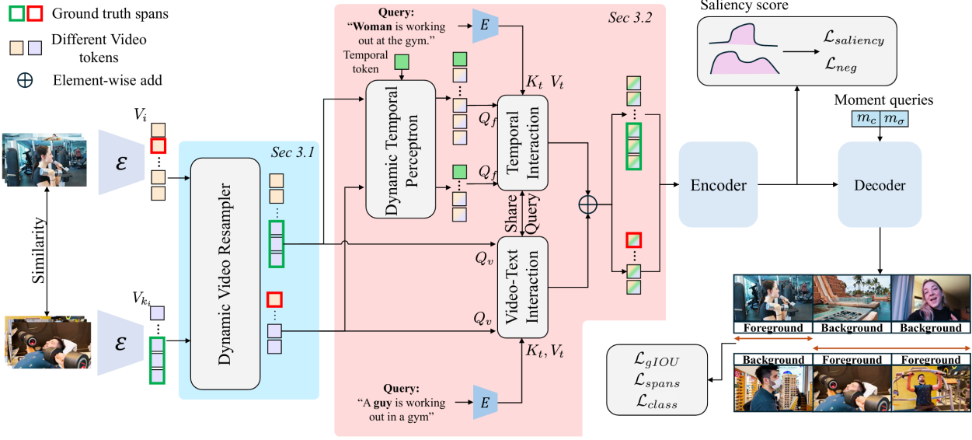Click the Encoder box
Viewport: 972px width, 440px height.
pos(718,185)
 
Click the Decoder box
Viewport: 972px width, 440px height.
pos(880,185)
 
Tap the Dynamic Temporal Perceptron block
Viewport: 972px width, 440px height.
pos(402,148)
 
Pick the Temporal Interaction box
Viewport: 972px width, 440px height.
pos(522,142)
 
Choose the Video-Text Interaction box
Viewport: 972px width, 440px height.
pos(522,287)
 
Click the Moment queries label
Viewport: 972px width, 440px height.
pos(883,100)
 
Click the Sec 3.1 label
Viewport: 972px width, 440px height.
pos(292,152)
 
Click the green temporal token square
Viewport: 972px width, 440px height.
pos(402,62)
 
